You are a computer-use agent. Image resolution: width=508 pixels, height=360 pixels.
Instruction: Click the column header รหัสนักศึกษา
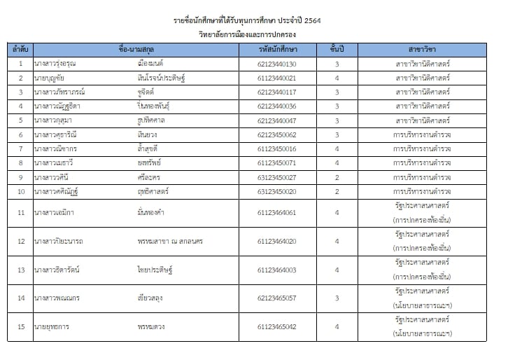click(277, 50)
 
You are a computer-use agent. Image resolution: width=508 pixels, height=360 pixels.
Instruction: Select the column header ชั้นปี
click(337, 50)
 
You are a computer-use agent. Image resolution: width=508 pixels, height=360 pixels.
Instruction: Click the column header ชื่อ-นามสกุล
click(135, 50)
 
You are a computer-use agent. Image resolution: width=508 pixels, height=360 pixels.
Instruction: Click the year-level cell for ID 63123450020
click(337, 191)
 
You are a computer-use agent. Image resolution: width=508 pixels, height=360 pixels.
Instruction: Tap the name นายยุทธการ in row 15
click(52, 326)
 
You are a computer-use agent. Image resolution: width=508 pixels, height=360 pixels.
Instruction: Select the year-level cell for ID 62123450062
click(337, 134)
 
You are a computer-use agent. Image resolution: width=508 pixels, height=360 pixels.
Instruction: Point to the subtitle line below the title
click(253, 34)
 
